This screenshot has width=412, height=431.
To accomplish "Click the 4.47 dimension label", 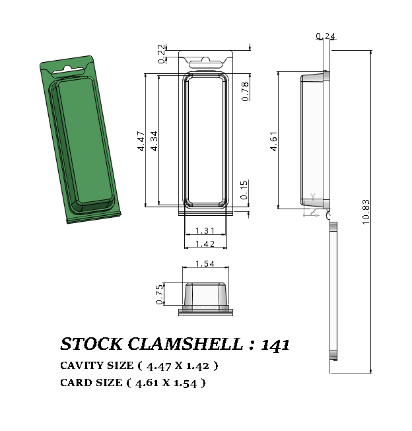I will (141, 142).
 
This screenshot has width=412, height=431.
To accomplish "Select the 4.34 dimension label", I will (154, 142).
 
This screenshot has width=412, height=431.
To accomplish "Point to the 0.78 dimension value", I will (245, 91).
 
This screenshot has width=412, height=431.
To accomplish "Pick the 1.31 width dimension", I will (205, 231).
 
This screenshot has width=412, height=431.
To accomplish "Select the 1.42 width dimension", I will (205, 244).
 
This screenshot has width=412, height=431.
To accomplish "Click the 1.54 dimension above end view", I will (207, 265).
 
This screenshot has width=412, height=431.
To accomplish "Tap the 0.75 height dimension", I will (159, 295).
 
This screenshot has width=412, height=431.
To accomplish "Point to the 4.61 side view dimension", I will (273, 142).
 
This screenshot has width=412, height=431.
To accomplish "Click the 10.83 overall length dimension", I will (366, 212).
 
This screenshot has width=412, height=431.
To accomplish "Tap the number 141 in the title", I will (275, 345).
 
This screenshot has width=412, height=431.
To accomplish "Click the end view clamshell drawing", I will (207, 297).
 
